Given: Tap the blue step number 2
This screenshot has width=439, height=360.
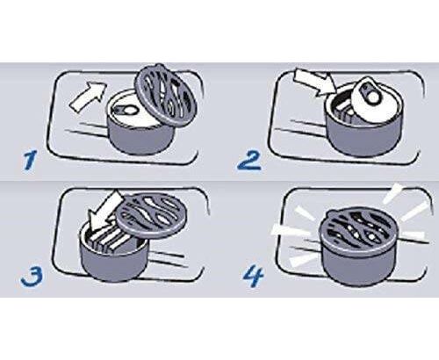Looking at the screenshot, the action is pyautogui.click(x=248, y=161).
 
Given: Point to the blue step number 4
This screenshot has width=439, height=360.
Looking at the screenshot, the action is pyautogui.click(x=254, y=277).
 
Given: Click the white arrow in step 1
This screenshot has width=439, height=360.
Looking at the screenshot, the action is pyautogui.click(x=88, y=96).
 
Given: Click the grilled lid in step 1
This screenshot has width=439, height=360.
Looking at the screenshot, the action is pyautogui.click(x=166, y=95).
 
